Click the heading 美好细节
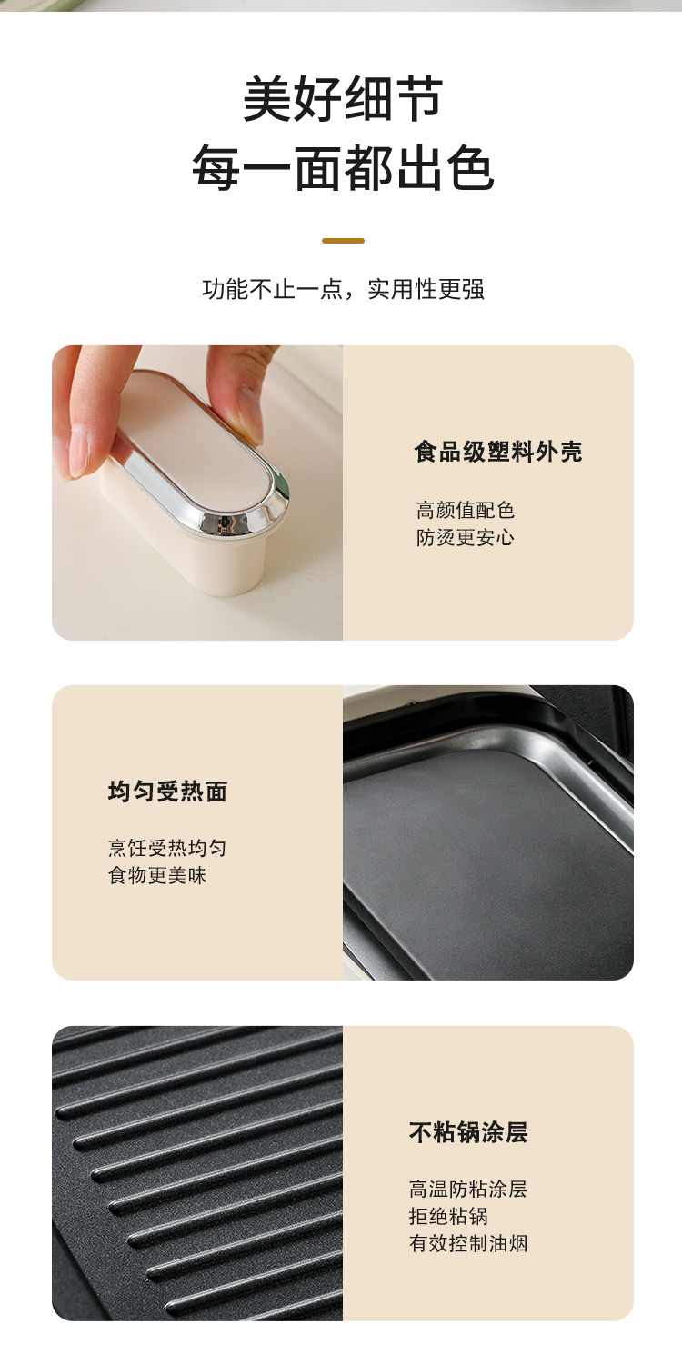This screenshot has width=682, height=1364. pyautogui.click(x=343, y=99)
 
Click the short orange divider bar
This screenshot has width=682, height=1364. pyautogui.click(x=343, y=241)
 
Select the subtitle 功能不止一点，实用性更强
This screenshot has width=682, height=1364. pyautogui.click(x=343, y=289)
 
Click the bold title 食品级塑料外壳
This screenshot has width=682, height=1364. pyautogui.click(x=498, y=452)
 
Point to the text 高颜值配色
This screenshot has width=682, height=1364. pyautogui.click(x=466, y=511)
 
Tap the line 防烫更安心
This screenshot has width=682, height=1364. pyautogui.click(x=466, y=538)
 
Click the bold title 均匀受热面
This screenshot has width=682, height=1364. pyautogui.click(x=167, y=792)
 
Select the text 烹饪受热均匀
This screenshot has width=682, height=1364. pyautogui.click(x=167, y=848)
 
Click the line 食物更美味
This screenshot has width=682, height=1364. pyautogui.click(x=157, y=876)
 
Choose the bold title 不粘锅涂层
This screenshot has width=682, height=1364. pyautogui.click(x=468, y=1132)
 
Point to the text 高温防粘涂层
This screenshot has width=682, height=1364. pyautogui.click(x=468, y=1189)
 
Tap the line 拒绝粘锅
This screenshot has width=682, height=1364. pyautogui.click(x=448, y=1216)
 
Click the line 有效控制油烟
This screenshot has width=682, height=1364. pyautogui.click(x=468, y=1243)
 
